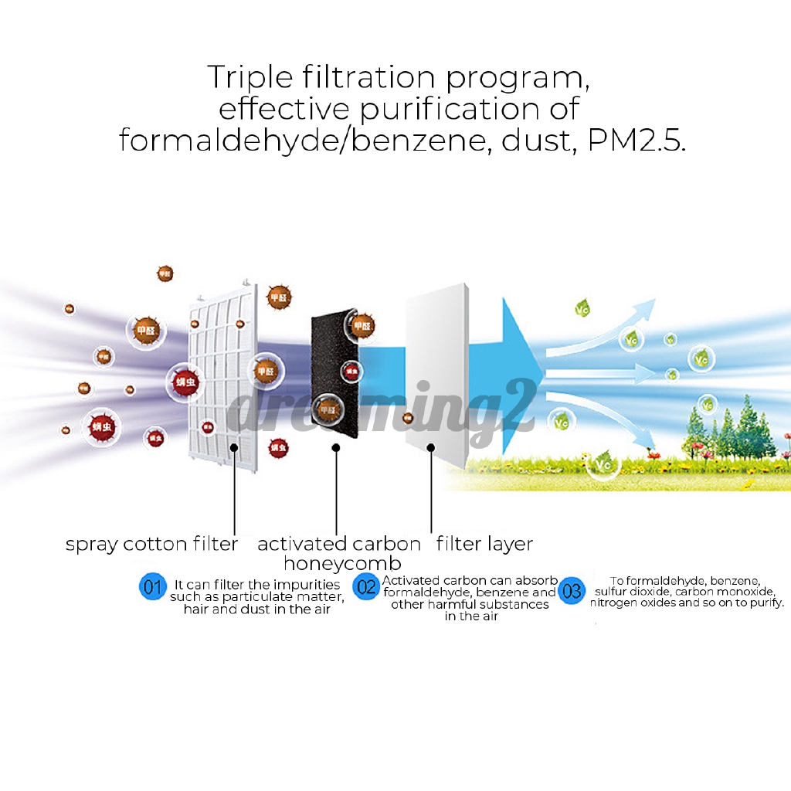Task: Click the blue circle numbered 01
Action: click(153, 587)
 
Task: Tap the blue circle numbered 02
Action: click(366, 587)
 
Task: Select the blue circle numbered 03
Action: click(572, 592)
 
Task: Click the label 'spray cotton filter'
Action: click(151, 545)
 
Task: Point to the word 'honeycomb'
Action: click(342, 563)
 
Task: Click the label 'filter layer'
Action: click(484, 544)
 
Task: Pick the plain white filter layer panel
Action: click(436, 363)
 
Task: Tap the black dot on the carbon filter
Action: click(335, 447)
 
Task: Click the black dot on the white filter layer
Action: click(431, 446)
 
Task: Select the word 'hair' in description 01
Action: click(197, 609)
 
